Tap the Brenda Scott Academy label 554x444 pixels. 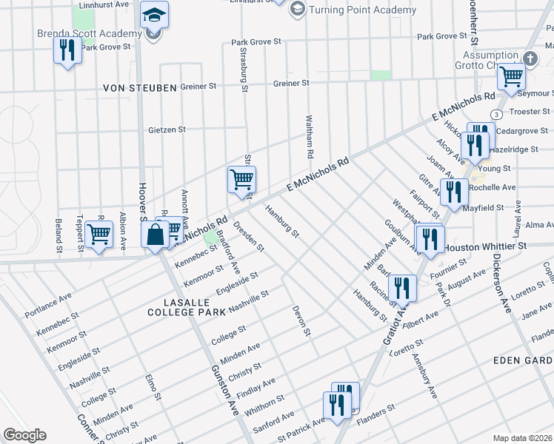[x=90, y=34]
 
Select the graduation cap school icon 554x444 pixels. [x=154, y=15]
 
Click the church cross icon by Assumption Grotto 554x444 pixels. [x=530, y=58]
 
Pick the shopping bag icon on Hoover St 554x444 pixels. [x=155, y=235]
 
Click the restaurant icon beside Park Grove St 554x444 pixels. [x=67, y=50]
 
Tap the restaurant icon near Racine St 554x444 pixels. [x=402, y=287]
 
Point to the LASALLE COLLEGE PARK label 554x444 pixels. [x=187, y=309]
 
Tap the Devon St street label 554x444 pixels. [x=300, y=322]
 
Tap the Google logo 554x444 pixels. [x=24, y=435]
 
